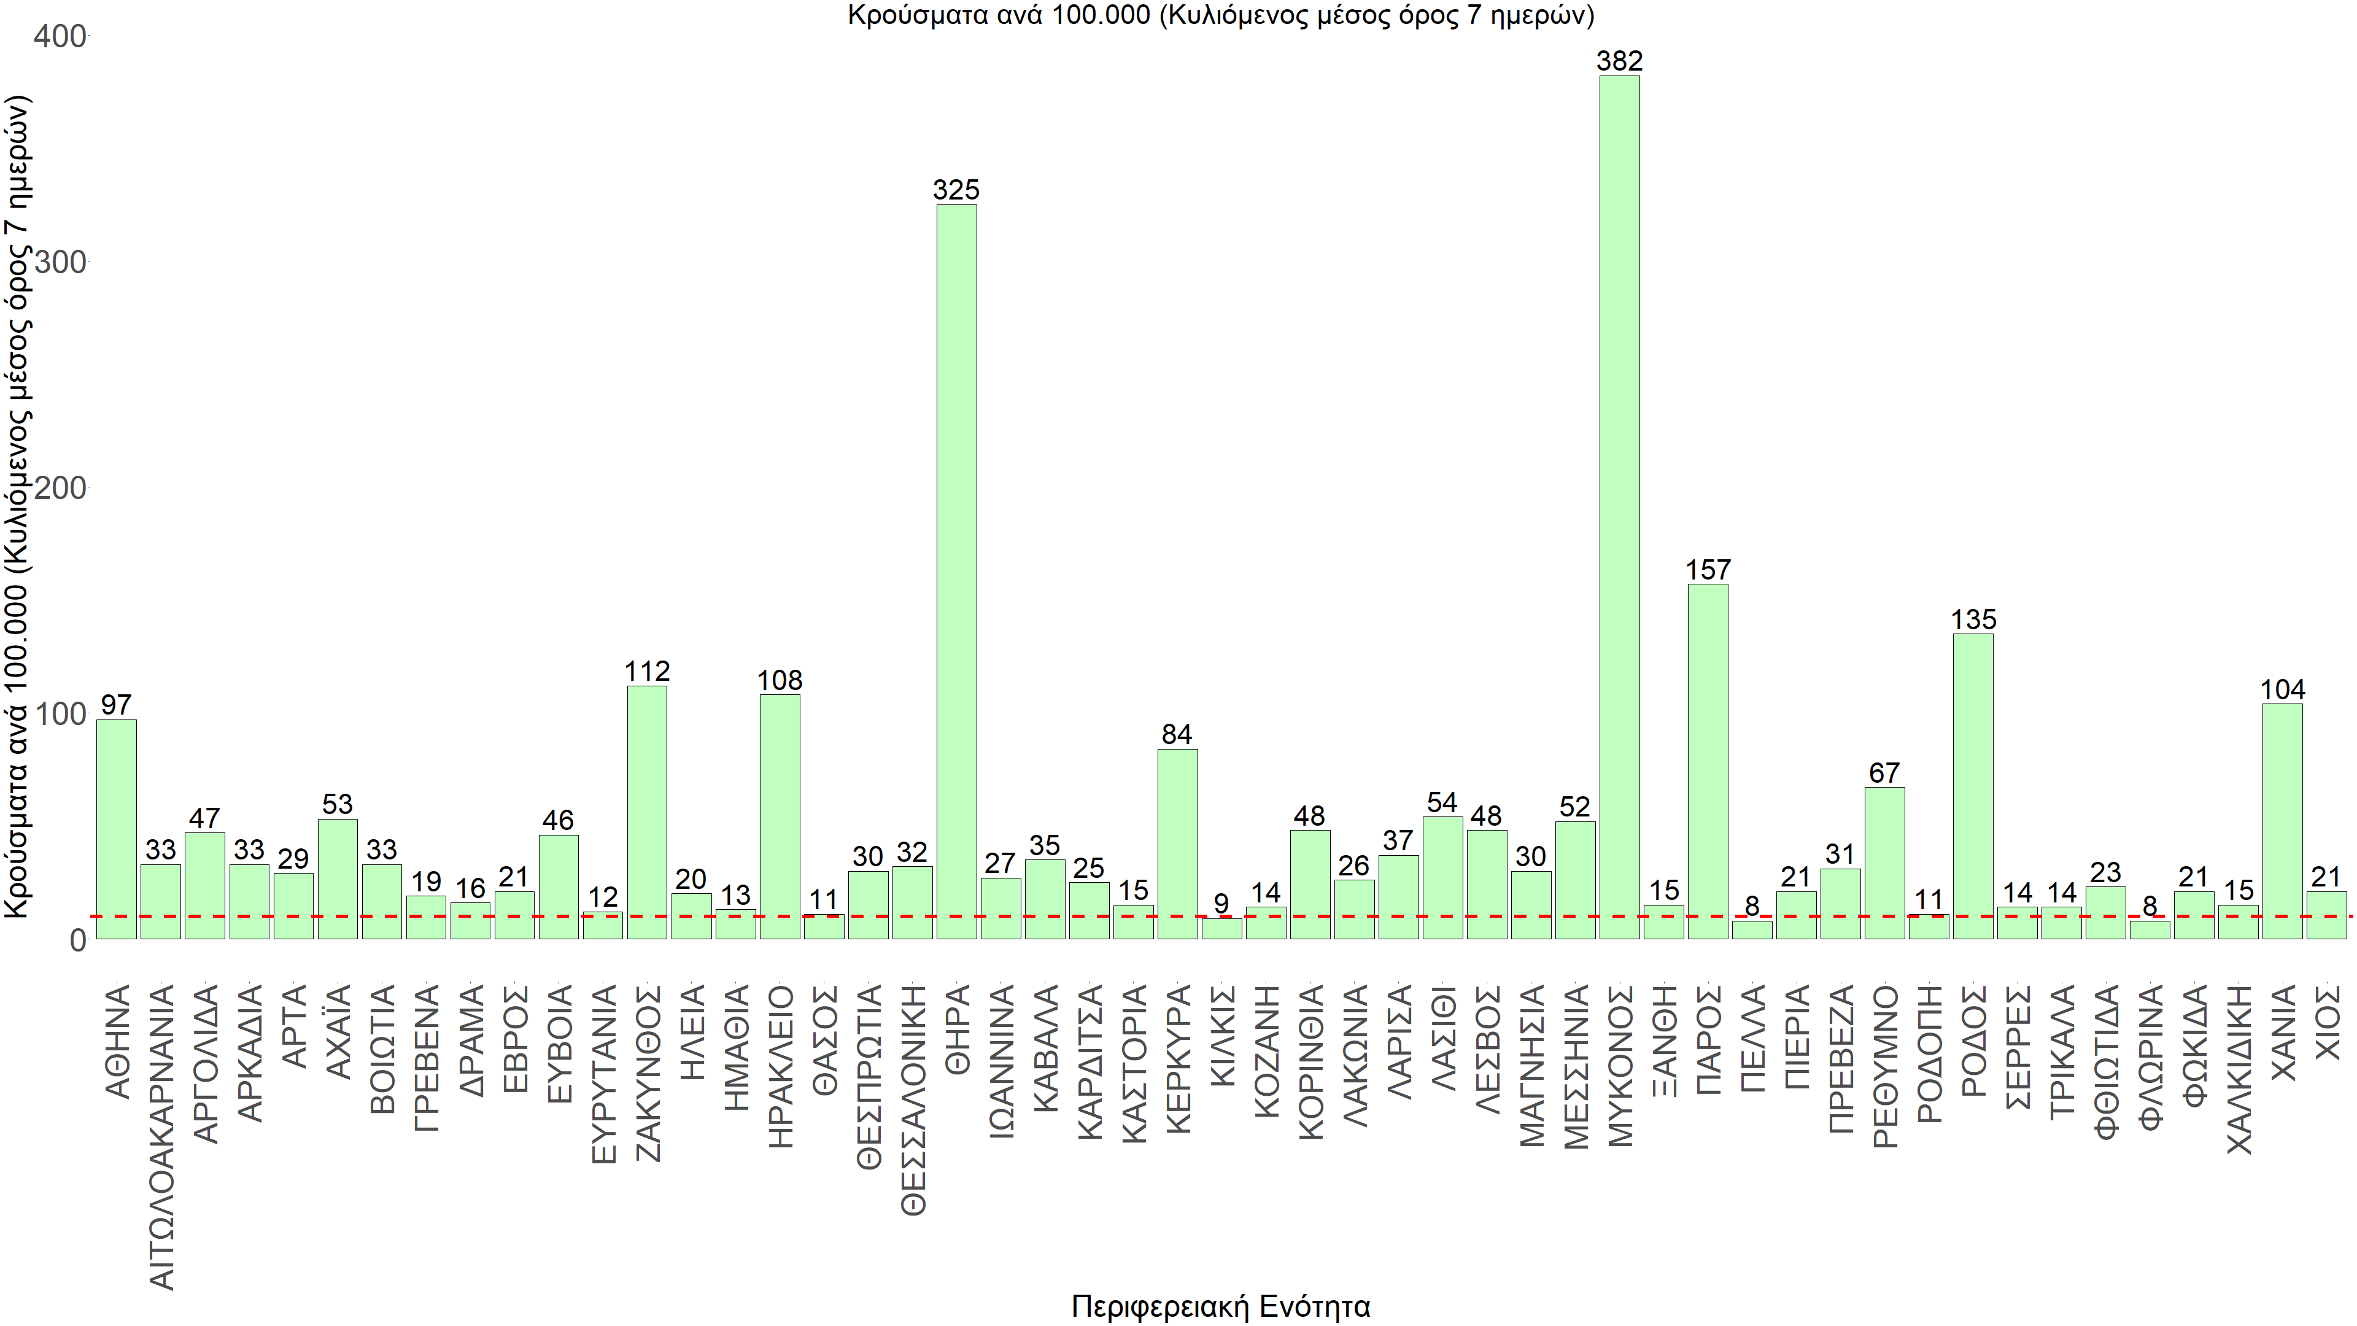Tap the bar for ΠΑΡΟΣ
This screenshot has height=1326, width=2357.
(1708, 761)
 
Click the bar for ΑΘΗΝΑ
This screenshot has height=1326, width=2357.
(116, 828)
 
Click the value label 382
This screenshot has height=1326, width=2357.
(1620, 61)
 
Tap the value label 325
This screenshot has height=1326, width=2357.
(956, 190)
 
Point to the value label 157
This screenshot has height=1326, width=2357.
(1708, 570)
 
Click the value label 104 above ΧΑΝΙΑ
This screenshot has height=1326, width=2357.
(2283, 690)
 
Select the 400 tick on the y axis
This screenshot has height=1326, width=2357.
(60, 37)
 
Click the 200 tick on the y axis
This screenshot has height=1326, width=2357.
(60, 488)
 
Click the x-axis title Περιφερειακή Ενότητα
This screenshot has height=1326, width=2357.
(1221, 1306)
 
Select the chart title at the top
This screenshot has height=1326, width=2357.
(1221, 15)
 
